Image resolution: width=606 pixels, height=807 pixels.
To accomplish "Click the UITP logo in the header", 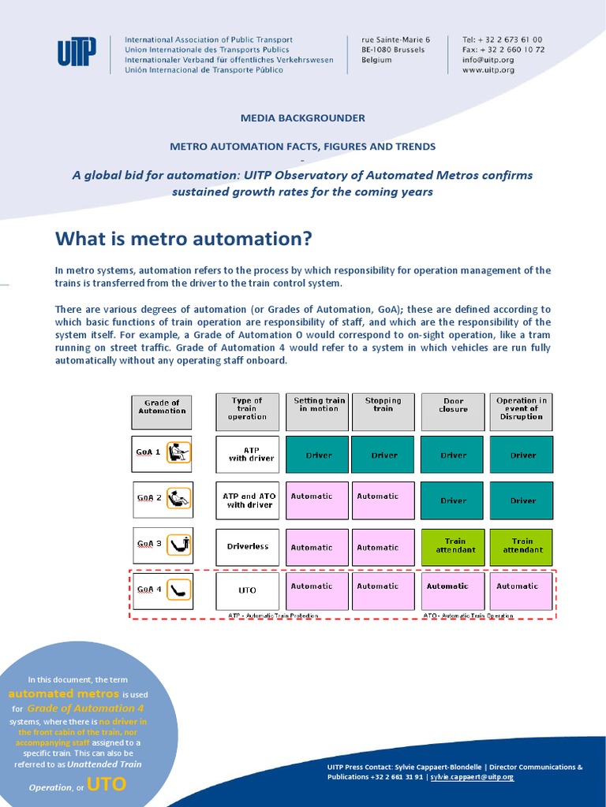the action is point(77,54).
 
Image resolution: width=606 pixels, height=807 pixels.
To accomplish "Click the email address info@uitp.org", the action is point(488,59).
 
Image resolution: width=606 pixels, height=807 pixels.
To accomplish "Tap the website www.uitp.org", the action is point(488,69).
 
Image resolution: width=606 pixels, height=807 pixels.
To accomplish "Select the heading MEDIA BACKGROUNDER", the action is point(303,118).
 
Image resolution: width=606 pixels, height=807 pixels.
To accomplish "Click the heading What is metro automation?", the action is point(183,238).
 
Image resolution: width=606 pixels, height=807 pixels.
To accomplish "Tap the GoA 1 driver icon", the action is point(181,452).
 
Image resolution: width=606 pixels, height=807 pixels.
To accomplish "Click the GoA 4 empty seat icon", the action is point(181,589).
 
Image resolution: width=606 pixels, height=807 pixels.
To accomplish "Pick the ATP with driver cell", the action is point(247,454).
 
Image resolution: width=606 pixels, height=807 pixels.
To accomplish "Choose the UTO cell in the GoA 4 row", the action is point(247,590).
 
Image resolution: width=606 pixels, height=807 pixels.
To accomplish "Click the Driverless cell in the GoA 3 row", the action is point(247,546).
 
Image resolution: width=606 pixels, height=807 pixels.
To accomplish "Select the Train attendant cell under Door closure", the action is point(453,545).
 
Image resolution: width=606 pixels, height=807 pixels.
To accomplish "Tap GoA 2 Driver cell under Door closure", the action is point(453,500).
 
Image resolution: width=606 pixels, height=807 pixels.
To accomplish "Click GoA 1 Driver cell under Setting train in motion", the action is point(318,455).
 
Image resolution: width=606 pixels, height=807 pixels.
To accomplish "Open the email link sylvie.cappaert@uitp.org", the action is point(472,777).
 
